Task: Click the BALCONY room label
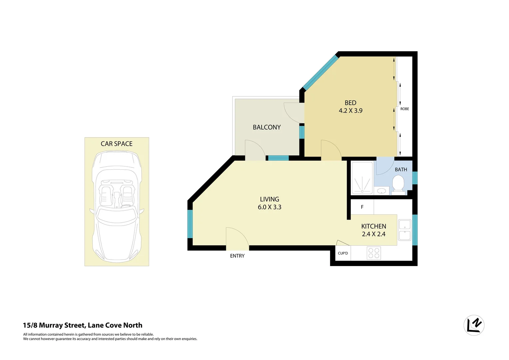266,127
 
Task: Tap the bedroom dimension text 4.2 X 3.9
350,111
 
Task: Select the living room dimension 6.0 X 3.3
269,207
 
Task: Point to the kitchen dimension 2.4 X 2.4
373,234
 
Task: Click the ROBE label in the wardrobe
404,109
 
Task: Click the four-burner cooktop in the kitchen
374,253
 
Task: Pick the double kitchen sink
405,230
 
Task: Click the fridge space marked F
362,207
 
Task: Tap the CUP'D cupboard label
343,253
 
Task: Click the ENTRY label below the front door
237,256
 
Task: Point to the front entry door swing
237,237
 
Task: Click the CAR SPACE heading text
117,144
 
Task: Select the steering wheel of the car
126,206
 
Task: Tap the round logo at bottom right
474,325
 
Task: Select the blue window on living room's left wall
190,224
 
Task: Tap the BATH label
401,170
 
